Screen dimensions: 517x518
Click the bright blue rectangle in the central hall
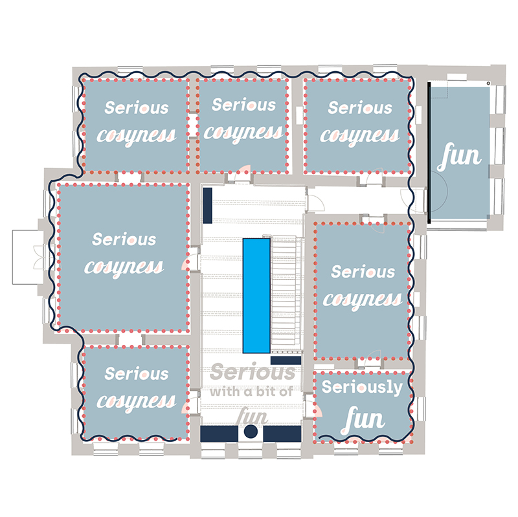coord(256,295)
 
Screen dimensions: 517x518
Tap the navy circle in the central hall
coord(251,432)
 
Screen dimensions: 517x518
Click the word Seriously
coord(362,388)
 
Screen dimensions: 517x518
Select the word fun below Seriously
coord(363,419)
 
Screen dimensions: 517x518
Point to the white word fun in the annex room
coord(460,157)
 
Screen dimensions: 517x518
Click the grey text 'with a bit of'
coord(251,391)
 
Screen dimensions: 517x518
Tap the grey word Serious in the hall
coord(253,373)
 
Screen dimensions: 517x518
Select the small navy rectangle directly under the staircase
coord(286,360)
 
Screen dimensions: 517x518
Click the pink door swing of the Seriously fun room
coord(317,410)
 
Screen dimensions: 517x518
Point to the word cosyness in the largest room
coord(124,266)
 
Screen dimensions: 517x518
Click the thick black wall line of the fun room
coord(429,153)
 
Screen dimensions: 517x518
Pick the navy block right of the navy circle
coord(283,434)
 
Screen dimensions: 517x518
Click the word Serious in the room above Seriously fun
coord(363,272)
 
